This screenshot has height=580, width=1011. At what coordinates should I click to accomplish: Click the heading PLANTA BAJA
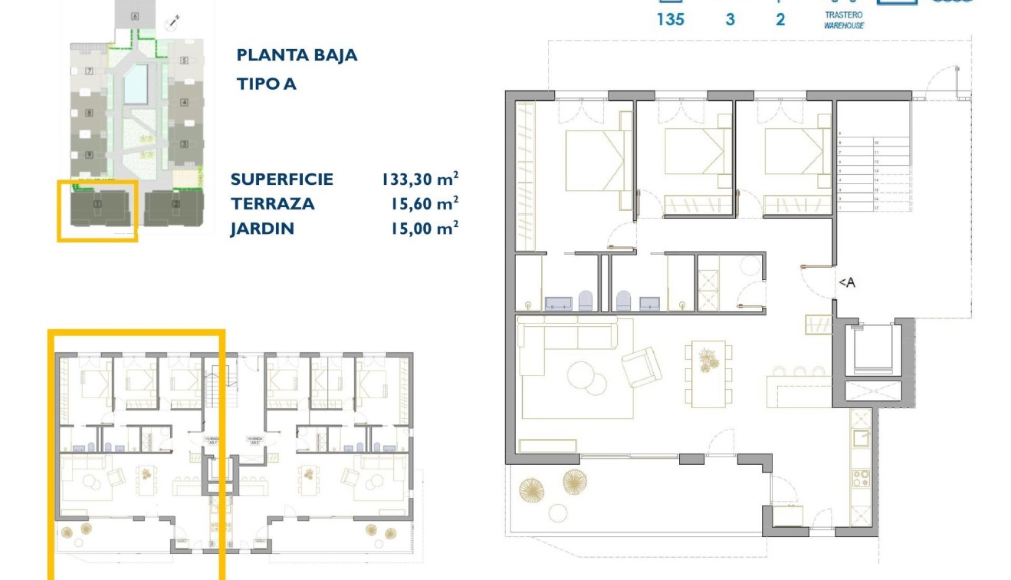click(297, 55)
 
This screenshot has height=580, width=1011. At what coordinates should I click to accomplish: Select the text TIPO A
click(266, 84)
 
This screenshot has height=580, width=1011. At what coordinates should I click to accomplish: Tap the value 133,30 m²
click(420, 180)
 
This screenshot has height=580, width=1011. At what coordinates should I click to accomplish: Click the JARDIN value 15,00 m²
click(420, 229)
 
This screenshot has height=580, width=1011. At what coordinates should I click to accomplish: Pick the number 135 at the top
click(670, 20)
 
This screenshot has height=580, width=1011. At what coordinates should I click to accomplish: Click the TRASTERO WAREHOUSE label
click(844, 21)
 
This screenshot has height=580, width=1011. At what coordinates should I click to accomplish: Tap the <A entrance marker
click(846, 283)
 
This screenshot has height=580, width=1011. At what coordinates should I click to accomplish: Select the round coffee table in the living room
click(585, 376)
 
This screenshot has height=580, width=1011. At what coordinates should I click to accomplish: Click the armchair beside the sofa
click(642, 367)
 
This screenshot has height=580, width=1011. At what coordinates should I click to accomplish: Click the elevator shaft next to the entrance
click(874, 350)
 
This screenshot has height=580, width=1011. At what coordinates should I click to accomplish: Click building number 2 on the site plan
click(176, 204)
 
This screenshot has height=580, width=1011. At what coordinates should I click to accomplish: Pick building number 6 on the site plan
click(135, 15)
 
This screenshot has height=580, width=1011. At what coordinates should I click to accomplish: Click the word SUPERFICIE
click(281, 180)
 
